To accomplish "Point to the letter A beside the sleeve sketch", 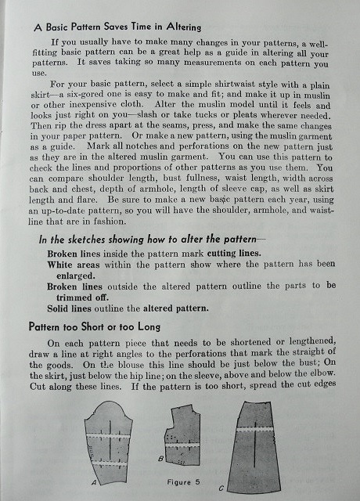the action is [94, 483].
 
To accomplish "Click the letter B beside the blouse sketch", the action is [160, 458].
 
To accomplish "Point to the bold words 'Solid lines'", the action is [74, 308].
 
